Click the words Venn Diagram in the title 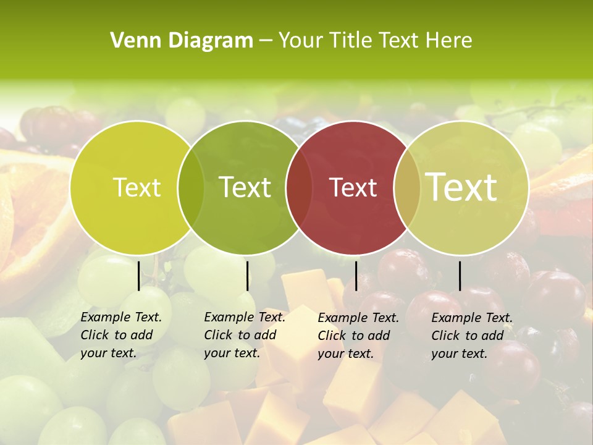click(182, 41)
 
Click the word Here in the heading click(448, 41)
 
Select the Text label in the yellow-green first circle click(137, 187)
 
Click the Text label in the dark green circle click(245, 187)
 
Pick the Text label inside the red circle click(353, 187)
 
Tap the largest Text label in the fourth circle click(461, 187)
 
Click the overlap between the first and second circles click(191, 187)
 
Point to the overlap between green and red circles click(299, 187)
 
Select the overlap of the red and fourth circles click(407, 187)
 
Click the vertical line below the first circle click(138, 276)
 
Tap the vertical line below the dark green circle click(247, 276)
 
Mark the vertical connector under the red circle click(356, 276)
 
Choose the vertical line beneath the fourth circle click(460, 276)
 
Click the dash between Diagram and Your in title click(265, 41)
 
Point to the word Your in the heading click(301, 41)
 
